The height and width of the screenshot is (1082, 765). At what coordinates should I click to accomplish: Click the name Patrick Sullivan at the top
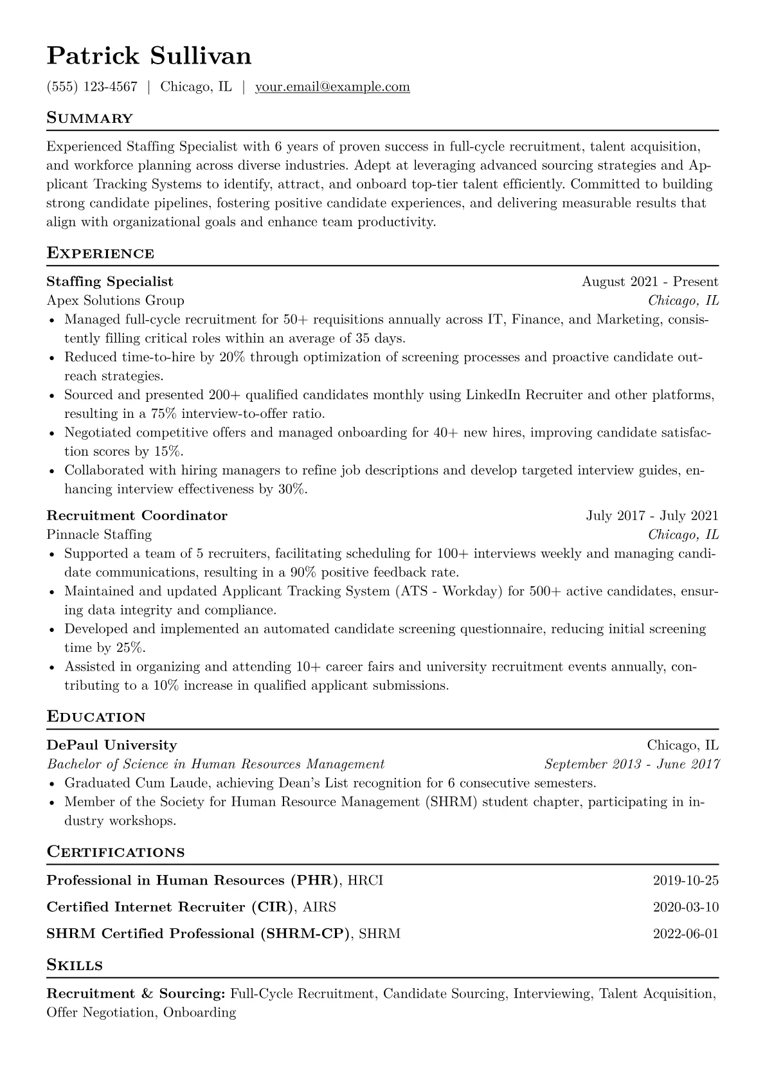(x=149, y=57)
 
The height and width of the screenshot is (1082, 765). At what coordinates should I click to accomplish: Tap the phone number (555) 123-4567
(x=92, y=87)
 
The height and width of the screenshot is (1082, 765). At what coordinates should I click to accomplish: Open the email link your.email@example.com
(x=332, y=87)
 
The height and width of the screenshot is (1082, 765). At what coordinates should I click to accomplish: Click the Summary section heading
(x=90, y=118)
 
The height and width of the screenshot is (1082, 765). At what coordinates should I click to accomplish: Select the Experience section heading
(x=100, y=253)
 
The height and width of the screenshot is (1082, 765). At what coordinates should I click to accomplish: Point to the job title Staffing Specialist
(x=110, y=282)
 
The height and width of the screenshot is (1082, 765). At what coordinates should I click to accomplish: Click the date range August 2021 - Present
(x=650, y=282)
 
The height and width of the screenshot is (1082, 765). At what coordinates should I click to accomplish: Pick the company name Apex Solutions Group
(x=116, y=300)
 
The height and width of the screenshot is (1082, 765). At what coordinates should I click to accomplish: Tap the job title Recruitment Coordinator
(x=137, y=516)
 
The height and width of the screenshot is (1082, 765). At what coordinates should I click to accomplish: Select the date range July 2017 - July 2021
(x=652, y=516)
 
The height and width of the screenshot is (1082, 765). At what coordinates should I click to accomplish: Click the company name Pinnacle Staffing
(x=99, y=534)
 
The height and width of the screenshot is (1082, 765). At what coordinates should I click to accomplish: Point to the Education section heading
(x=96, y=717)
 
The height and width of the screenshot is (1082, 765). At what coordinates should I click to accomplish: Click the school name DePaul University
(x=112, y=745)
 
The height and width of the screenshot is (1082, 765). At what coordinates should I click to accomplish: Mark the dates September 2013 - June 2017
(x=631, y=764)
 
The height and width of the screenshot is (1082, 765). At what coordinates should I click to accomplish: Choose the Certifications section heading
(x=116, y=852)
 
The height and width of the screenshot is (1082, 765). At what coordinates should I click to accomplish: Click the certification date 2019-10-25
(x=685, y=881)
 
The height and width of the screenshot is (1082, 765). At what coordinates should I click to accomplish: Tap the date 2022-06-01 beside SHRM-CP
(x=685, y=933)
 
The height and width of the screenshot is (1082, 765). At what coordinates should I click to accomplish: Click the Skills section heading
(x=75, y=966)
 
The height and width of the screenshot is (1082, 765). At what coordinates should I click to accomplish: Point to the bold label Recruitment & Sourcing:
(x=136, y=994)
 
